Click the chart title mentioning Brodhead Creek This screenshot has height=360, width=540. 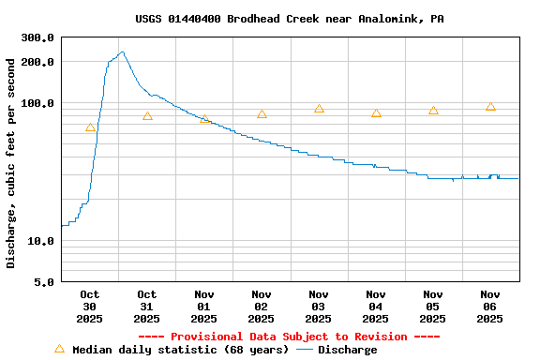pyautogui.click(x=290, y=19)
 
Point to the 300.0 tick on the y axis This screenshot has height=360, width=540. pyautogui.click(x=37, y=37)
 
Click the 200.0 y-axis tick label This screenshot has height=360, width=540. pyautogui.click(x=37, y=62)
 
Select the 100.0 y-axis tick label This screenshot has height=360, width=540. pyautogui.click(x=37, y=103)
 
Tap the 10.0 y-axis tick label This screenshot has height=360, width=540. pyautogui.click(x=41, y=241)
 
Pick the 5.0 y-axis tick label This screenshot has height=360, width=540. pyautogui.click(x=44, y=282)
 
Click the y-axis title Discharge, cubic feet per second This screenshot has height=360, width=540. pyautogui.click(x=11, y=163)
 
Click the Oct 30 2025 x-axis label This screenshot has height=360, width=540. pyautogui.click(x=90, y=307)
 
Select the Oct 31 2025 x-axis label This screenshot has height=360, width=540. pyautogui.click(x=147, y=307)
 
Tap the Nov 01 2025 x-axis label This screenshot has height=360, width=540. pyautogui.click(x=204, y=307)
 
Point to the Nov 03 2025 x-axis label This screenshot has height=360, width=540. pyautogui.click(x=319, y=307)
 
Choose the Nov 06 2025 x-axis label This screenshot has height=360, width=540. pyautogui.click(x=490, y=307)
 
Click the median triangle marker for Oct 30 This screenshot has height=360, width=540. pyautogui.click(x=90, y=127)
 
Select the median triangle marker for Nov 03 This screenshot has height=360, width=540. pyautogui.click(x=319, y=109)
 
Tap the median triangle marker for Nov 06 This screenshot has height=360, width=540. pyautogui.click(x=490, y=106)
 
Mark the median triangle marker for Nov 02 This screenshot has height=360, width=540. pyautogui.click(x=262, y=114)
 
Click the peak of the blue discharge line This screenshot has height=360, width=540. pyautogui.click(x=122, y=52)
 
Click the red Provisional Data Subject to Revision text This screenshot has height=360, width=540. pyautogui.click(x=290, y=337)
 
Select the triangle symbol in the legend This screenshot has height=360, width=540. pyautogui.click(x=60, y=349)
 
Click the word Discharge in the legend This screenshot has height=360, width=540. pyautogui.click(x=348, y=350)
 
